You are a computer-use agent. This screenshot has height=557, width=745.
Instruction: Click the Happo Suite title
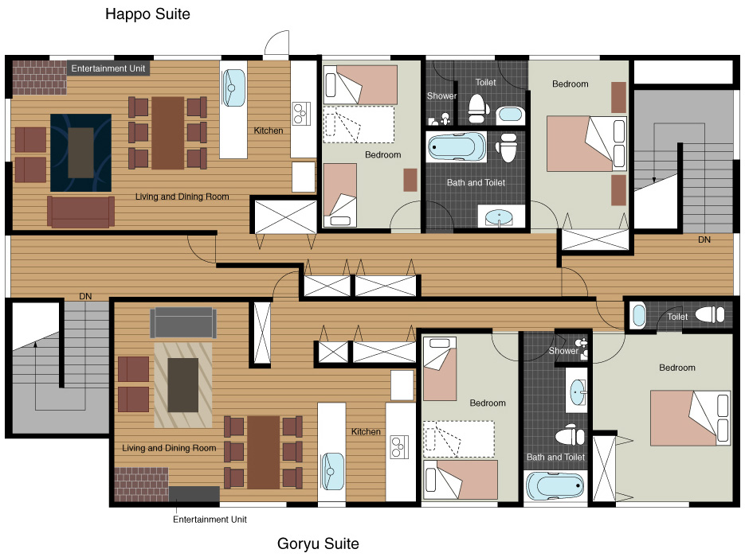tap(147, 14)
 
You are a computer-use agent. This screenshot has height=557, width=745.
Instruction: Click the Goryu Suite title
tap(318, 543)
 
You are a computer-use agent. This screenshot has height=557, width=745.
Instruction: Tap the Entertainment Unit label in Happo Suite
tap(108, 68)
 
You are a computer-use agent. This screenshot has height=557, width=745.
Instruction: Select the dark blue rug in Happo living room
tap(80, 153)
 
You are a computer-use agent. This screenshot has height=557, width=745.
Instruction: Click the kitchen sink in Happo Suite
tap(233, 88)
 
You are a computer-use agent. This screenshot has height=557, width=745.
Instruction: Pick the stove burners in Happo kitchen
tap(301, 114)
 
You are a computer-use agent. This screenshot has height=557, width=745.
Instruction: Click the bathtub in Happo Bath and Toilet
tap(456, 147)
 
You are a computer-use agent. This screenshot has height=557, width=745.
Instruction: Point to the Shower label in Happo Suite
tap(441, 95)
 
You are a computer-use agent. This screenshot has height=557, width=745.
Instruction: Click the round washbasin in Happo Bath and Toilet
tap(499, 218)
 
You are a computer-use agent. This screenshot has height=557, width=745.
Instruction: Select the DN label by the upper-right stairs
tap(704, 240)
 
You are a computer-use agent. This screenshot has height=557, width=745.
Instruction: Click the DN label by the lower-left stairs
tap(85, 296)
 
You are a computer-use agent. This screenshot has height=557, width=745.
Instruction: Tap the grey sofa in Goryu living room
tap(183, 322)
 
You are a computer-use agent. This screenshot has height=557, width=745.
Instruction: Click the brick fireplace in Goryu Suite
tap(142, 485)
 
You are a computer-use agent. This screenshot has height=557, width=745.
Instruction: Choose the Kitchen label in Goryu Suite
tap(366, 432)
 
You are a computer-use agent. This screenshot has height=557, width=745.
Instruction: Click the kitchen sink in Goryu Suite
tap(332, 472)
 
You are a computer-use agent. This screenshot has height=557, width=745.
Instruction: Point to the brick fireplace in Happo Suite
tap(39, 77)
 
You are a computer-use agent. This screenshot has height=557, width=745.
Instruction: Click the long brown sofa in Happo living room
tap(80, 212)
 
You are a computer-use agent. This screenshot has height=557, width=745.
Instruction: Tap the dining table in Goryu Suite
tap(264, 452)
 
